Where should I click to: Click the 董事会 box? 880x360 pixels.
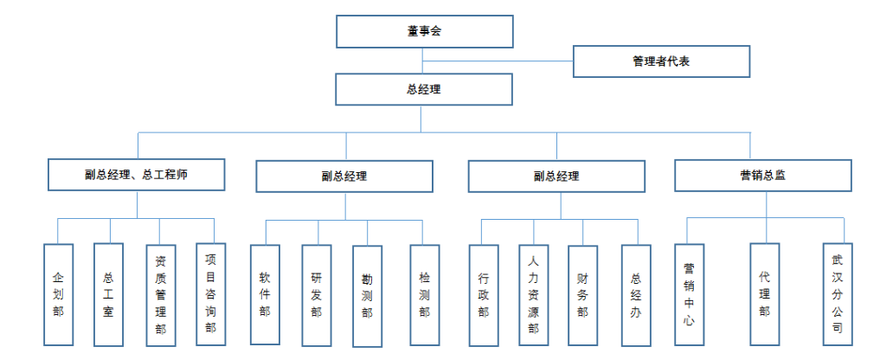[424, 32]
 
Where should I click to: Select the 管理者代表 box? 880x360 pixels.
[660, 61]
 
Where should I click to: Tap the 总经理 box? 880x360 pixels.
[423, 89]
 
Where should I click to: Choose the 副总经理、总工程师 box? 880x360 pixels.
[137, 174]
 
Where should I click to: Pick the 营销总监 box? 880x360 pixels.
[762, 175]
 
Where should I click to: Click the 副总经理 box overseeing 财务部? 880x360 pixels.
[556, 177]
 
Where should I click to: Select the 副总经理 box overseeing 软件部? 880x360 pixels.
[344, 177]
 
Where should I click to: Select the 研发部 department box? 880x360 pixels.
[316, 294]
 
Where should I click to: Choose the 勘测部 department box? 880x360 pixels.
[367, 295]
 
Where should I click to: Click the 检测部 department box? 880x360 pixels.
[424, 294]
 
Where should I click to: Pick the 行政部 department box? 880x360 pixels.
[483, 294]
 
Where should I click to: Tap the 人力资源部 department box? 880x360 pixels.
[534, 294]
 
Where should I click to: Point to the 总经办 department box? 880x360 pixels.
[635, 294]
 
